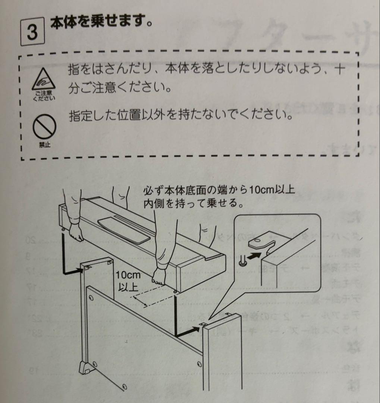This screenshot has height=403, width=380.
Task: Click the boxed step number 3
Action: point(32,33)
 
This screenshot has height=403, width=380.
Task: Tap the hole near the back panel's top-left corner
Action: point(91,299)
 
